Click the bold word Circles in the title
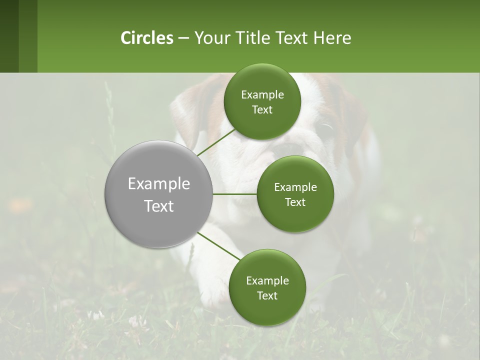click(146, 38)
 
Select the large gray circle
click(159, 194)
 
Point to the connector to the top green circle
click(215, 142)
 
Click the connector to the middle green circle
click(234, 194)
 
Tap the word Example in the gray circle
click(159, 184)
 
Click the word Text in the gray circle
click(159, 206)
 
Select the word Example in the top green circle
click(262, 95)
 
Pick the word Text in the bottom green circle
click(267, 295)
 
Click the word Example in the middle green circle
click(295, 187)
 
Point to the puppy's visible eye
click(326, 129)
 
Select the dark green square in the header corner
click(9, 36)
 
